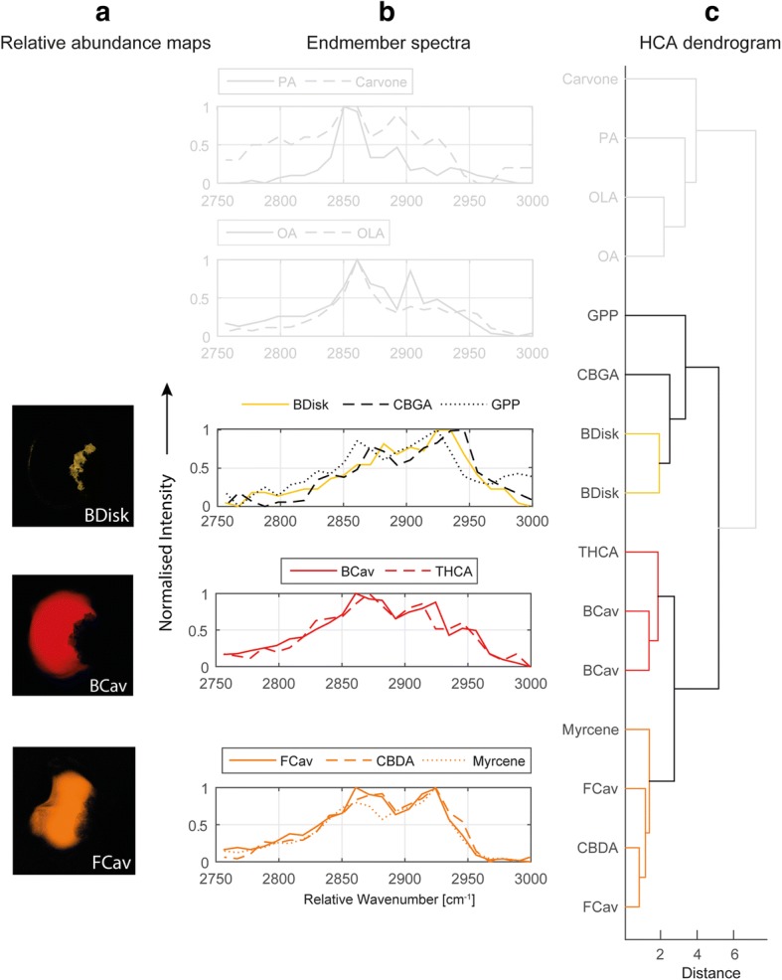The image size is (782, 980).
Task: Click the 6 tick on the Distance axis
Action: (x=733, y=954)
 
